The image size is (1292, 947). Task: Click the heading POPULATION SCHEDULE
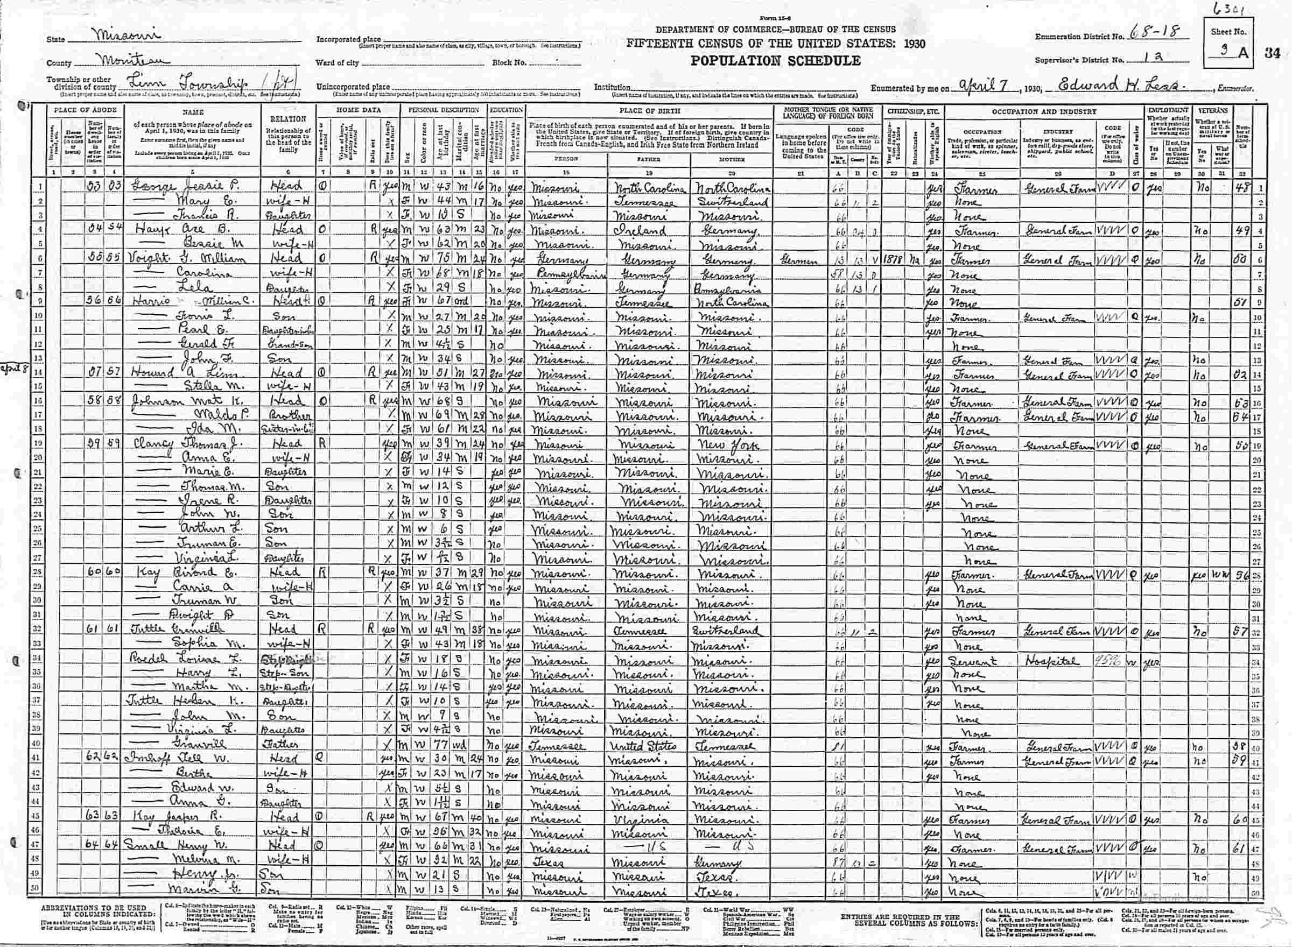(775, 61)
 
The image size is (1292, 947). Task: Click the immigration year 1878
(895, 260)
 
